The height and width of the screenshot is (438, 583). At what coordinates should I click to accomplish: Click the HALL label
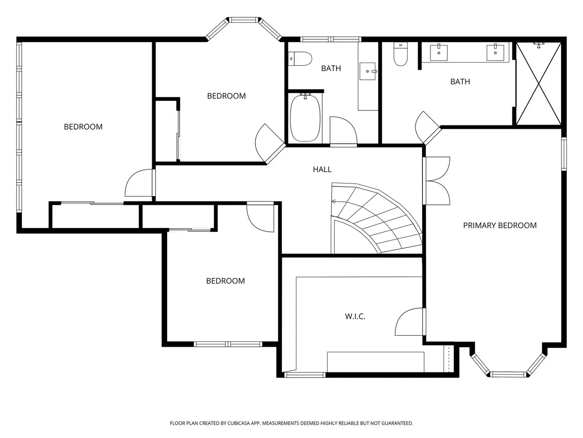pyautogui.click(x=322, y=169)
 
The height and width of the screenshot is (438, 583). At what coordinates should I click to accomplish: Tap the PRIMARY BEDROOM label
pyautogui.click(x=500, y=225)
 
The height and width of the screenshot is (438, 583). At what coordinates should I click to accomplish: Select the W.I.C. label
pyautogui.click(x=355, y=317)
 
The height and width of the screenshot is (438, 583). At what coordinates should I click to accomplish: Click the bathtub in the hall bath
pyautogui.click(x=305, y=118)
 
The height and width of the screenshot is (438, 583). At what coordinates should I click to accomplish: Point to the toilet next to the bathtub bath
pyautogui.click(x=300, y=59)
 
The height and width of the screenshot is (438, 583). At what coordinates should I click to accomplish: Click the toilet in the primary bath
pyautogui.click(x=400, y=54)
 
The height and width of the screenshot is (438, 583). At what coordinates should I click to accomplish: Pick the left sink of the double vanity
pyautogui.click(x=439, y=52)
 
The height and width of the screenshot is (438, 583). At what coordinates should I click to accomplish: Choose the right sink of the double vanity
pyautogui.click(x=496, y=52)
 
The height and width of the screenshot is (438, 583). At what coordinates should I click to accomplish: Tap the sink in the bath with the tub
pyautogui.click(x=368, y=71)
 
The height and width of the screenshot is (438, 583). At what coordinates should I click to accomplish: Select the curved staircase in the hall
pyautogui.click(x=377, y=219)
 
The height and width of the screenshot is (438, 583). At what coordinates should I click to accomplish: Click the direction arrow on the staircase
pyautogui.click(x=334, y=202)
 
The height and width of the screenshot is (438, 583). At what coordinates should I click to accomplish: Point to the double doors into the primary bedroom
pyautogui.click(x=436, y=181)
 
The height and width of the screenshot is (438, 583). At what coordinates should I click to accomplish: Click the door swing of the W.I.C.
pyautogui.click(x=410, y=322)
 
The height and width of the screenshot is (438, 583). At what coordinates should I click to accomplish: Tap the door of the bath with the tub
pyautogui.click(x=343, y=131)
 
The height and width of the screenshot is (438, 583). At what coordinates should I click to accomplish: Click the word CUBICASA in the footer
pyautogui.click(x=239, y=423)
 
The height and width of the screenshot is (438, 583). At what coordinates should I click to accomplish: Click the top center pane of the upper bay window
pyautogui.click(x=244, y=20)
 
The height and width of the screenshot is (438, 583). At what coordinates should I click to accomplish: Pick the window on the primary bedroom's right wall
pyautogui.click(x=563, y=154)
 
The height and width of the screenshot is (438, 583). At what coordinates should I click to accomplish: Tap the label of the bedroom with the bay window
pyautogui.click(x=226, y=96)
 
